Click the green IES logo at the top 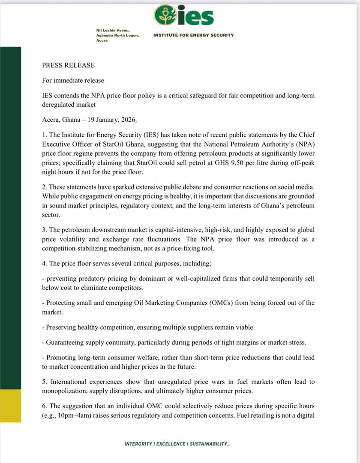point(184,15)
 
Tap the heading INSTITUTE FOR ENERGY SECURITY point(194,35)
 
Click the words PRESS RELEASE point(68,65)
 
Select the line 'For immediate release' point(73,80)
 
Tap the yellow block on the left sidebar point(10,405)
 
